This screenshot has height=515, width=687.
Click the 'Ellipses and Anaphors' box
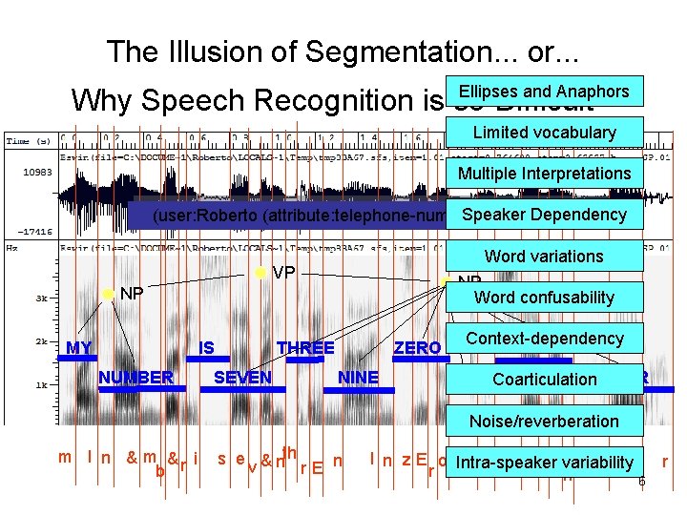544,92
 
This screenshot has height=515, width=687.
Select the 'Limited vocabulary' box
544,133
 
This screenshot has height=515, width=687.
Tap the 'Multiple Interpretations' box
544,174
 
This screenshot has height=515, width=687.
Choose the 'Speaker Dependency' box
544,215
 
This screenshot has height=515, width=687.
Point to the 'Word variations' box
544,256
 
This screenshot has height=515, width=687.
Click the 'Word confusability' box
544,297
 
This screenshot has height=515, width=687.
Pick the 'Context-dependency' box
544,339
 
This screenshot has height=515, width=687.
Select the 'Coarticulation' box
544,380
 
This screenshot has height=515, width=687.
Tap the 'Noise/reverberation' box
544,421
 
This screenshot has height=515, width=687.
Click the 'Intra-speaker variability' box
544,463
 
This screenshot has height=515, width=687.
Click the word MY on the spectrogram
79,348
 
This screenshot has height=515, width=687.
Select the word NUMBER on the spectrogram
136,378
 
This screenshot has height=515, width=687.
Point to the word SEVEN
242,378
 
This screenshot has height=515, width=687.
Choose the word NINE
359,378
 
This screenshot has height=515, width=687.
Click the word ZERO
417,348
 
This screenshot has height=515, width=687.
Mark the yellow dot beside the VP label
260,274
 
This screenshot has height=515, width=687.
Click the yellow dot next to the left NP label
108,293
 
